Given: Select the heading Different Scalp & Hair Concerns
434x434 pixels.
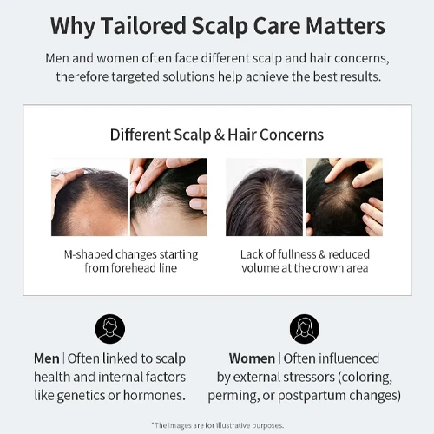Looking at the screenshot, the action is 217,135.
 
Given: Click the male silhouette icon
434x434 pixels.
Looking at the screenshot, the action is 110,329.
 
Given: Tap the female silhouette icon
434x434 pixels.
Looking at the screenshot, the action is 305,329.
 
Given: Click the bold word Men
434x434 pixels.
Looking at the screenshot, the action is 47,358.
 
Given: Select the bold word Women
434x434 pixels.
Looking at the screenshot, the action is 252,358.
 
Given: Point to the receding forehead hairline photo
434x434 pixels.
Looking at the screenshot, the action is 89,197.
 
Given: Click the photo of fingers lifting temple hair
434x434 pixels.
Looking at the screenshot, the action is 168,197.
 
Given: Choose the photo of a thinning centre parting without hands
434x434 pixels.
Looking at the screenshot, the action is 264,197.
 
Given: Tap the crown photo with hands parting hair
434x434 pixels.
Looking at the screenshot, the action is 344,197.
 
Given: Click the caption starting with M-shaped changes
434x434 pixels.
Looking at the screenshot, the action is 131,261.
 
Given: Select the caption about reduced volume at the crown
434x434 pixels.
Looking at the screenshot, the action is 305,261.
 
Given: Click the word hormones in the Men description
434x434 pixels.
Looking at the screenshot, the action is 155,395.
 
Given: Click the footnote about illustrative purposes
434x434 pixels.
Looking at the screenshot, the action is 218,425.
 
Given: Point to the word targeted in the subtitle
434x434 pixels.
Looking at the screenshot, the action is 135,77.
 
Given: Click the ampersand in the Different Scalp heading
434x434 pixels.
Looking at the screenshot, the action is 220,135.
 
